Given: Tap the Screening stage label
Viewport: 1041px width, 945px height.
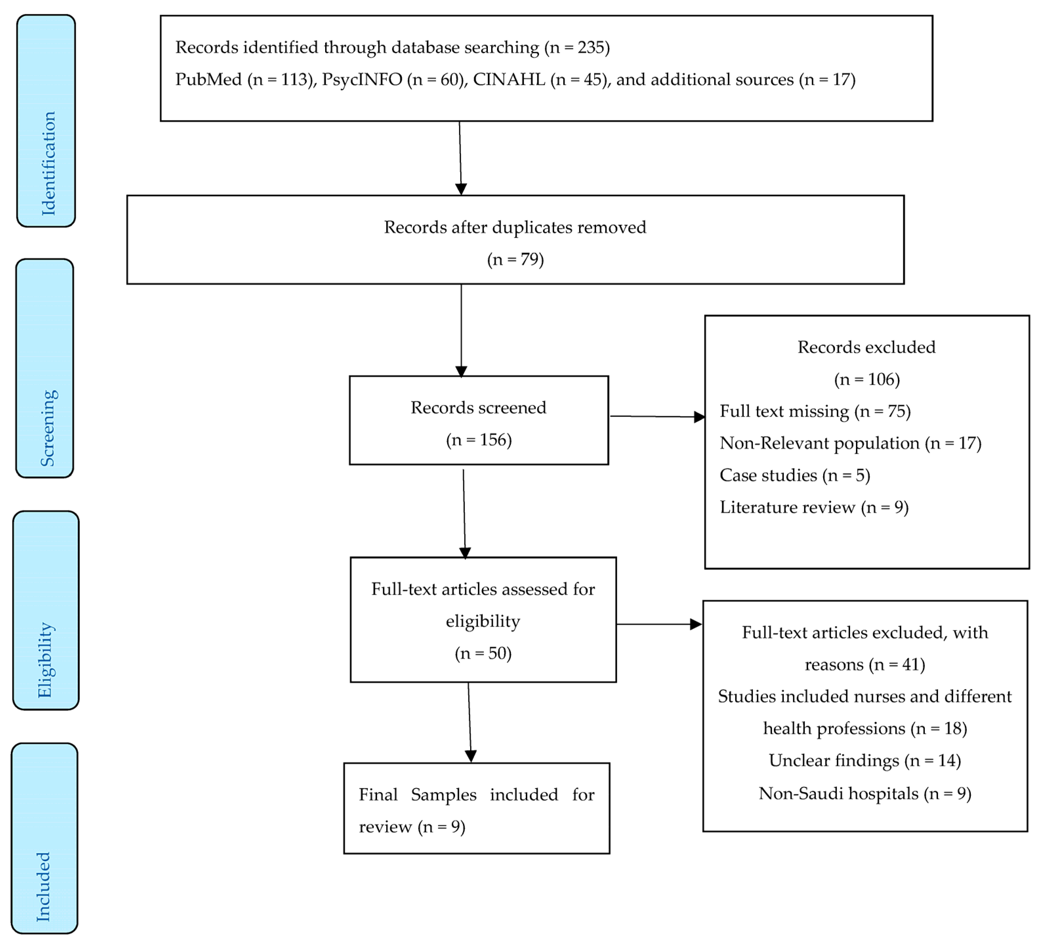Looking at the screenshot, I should [48, 428].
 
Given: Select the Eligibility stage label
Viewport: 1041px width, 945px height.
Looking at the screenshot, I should [46, 660].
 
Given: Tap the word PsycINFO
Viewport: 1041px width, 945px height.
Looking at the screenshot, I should [362, 79].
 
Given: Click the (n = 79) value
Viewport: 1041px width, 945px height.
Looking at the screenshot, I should [515, 259].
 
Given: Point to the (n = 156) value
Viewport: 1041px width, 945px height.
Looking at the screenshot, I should [479, 440].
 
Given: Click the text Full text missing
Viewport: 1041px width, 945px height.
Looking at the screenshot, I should [784, 411].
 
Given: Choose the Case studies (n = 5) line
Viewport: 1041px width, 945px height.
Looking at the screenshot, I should [795, 475].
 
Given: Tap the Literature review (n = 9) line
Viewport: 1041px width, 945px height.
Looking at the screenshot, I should [814, 508].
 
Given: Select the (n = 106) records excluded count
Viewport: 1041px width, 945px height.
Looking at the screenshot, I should [867, 380].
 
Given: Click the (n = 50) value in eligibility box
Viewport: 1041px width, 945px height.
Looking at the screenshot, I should [483, 653].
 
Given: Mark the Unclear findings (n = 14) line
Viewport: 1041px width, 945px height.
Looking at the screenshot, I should [864, 761].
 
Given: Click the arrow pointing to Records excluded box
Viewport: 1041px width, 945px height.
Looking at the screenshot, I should [698, 417].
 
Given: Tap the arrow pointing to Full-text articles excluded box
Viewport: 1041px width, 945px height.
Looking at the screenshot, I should [695, 624].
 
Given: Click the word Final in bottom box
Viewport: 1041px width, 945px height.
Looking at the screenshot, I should [378, 795].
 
